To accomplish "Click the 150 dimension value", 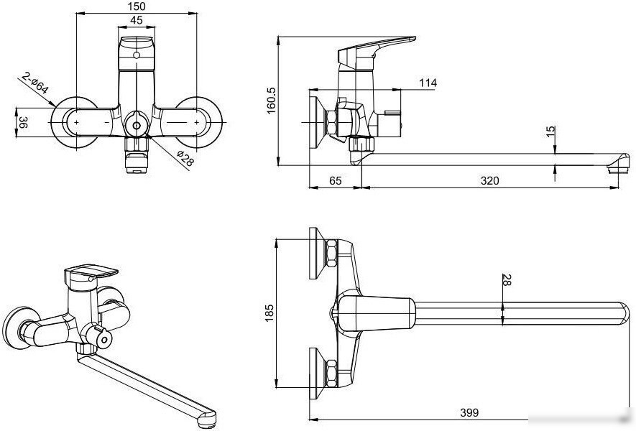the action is [x=137, y=6].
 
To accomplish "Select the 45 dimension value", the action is [x=137, y=20].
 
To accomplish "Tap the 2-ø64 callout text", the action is [x=35, y=83].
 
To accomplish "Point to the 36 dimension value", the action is [x=23, y=122].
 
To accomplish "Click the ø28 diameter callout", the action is [x=185, y=158].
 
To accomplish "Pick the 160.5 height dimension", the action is [x=271, y=101].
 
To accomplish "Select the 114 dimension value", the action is [x=428, y=83].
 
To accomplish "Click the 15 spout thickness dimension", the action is [x=550, y=131].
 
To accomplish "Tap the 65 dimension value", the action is [x=335, y=180].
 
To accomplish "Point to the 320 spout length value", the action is [x=489, y=180].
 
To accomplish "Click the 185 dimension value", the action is [x=269, y=313].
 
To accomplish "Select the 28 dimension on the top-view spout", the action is [x=507, y=279].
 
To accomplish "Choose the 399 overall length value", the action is [x=469, y=413].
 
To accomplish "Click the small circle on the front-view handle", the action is [x=137, y=55].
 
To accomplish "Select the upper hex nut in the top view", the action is [x=331, y=254].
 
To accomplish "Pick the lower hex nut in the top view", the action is [x=331, y=373].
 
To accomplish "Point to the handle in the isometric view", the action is [x=91, y=274].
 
